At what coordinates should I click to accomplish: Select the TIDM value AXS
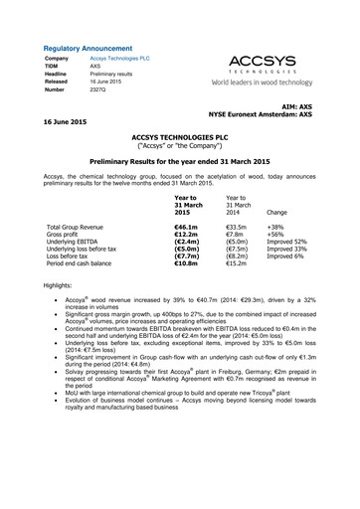95,67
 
